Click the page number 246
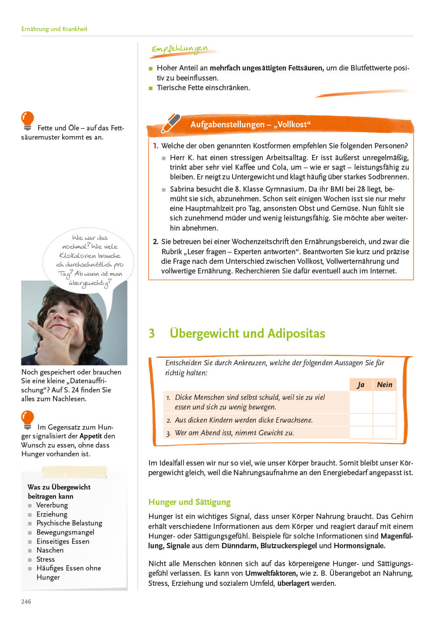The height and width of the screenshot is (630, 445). tap(26, 602)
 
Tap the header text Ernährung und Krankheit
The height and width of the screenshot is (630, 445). tap(54, 29)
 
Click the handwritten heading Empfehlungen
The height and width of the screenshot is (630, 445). tap(180, 49)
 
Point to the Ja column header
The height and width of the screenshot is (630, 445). tap(361, 385)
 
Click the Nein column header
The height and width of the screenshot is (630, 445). tap(385, 385)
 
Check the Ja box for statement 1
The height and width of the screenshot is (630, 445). tap(361, 402)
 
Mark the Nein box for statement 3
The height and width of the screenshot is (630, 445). tap(385, 433)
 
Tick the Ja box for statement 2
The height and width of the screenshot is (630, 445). tap(361, 420)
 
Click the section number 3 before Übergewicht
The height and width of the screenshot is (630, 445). tap(152, 333)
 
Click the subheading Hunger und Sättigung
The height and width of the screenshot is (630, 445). tap(189, 502)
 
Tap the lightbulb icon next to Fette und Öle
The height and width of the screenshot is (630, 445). tap(28, 121)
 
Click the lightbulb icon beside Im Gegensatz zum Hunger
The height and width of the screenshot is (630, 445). tap(28, 420)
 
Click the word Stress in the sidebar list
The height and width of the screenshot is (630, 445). tap(45, 559)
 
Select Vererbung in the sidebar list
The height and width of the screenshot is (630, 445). tap(52, 505)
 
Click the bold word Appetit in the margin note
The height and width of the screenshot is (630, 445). tap(91, 436)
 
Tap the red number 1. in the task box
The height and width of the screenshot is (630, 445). tap(156, 146)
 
